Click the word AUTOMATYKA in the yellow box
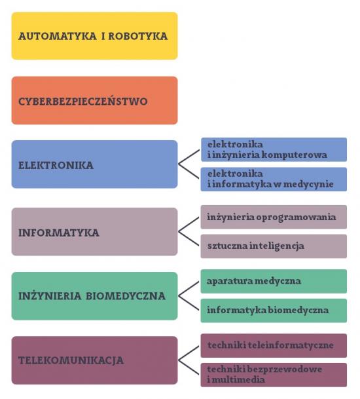[58, 36]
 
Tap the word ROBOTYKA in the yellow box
[138, 36]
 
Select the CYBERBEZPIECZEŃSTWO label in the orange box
[83, 102]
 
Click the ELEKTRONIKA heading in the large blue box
[56, 165]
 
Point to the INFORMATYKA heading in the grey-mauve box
[59, 233]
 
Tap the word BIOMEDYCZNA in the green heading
[126, 296]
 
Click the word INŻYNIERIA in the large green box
[50, 296]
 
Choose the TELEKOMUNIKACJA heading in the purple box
[71, 360]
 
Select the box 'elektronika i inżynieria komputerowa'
[274, 149]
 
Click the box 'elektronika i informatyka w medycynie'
[274, 179]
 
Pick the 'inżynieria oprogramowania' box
[274, 217]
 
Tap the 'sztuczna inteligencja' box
[274, 246]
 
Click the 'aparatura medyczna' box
[274, 282]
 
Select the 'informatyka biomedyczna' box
[274, 311]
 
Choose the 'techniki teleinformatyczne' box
[274, 345]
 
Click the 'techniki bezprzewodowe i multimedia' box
[274, 375]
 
